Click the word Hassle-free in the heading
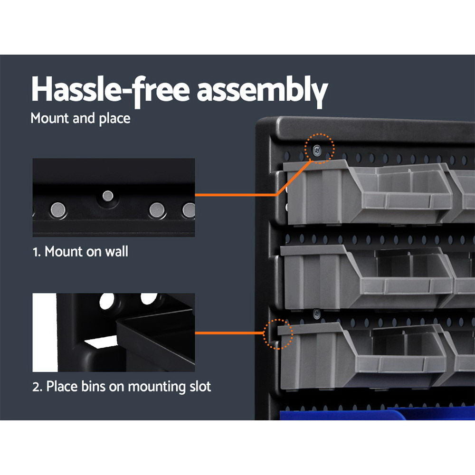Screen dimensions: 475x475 [110, 89]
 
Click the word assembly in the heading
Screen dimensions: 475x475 [262, 90]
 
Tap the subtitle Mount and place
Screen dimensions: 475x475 [80, 118]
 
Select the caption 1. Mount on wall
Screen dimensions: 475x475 [80, 252]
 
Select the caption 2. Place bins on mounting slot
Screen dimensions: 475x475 [122, 386]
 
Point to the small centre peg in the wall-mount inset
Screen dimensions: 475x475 [108, 195]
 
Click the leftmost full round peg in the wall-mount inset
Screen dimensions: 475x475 [59, 208]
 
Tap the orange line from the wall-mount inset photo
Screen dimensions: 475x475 [235, 195]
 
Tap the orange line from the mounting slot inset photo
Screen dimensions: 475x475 [230, 332]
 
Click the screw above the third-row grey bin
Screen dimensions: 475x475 [316, 312]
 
